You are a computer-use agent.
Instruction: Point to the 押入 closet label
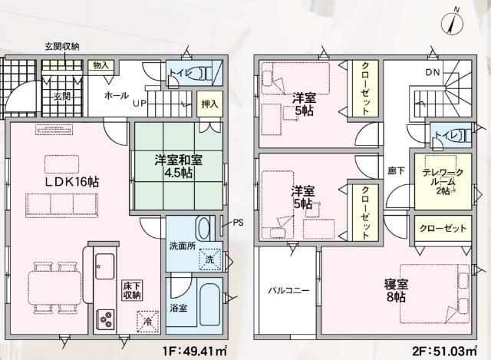208,104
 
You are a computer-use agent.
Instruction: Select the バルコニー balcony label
287,292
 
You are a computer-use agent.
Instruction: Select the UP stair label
140,102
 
